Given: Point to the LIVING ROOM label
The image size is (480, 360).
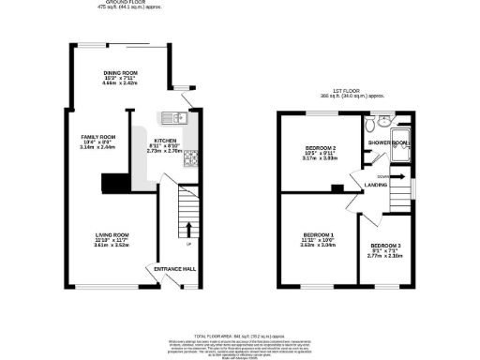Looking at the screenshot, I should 112,234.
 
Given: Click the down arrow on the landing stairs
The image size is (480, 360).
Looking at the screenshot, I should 392,175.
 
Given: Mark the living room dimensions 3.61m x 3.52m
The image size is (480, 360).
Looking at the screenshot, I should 112,246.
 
